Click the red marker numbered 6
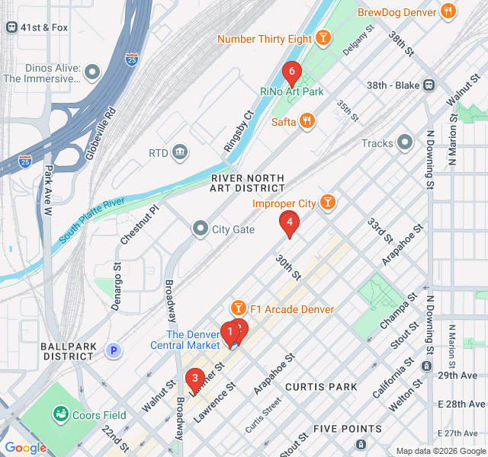(291, 73)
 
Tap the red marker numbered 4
(289, 222)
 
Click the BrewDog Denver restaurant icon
(448, 11)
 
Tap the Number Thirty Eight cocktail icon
(323, 38)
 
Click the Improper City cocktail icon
(327, 203)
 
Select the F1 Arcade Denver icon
(239, 308)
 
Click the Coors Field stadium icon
(59, 415)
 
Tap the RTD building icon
(180, 153)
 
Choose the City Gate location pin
(201, 228)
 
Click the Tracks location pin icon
(404, 142)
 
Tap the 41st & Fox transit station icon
(11, 27)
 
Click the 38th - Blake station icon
(429, 85)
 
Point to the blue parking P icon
(113, 350)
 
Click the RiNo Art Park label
(292, 91)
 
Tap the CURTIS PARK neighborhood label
(321, 387)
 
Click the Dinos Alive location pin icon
(92, 72)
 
